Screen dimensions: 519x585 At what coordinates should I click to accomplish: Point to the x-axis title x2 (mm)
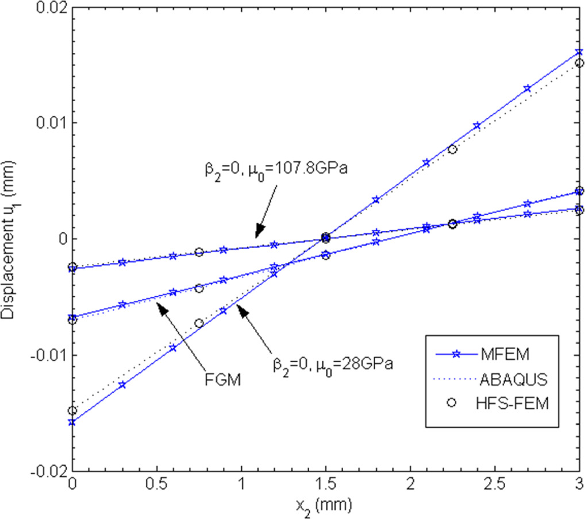point(326,505)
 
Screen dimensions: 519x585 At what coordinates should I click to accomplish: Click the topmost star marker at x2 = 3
point(579,53)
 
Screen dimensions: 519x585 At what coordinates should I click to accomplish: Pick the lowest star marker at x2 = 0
point(72,422)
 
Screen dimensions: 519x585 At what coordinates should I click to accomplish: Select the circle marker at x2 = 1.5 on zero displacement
point(326,238)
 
